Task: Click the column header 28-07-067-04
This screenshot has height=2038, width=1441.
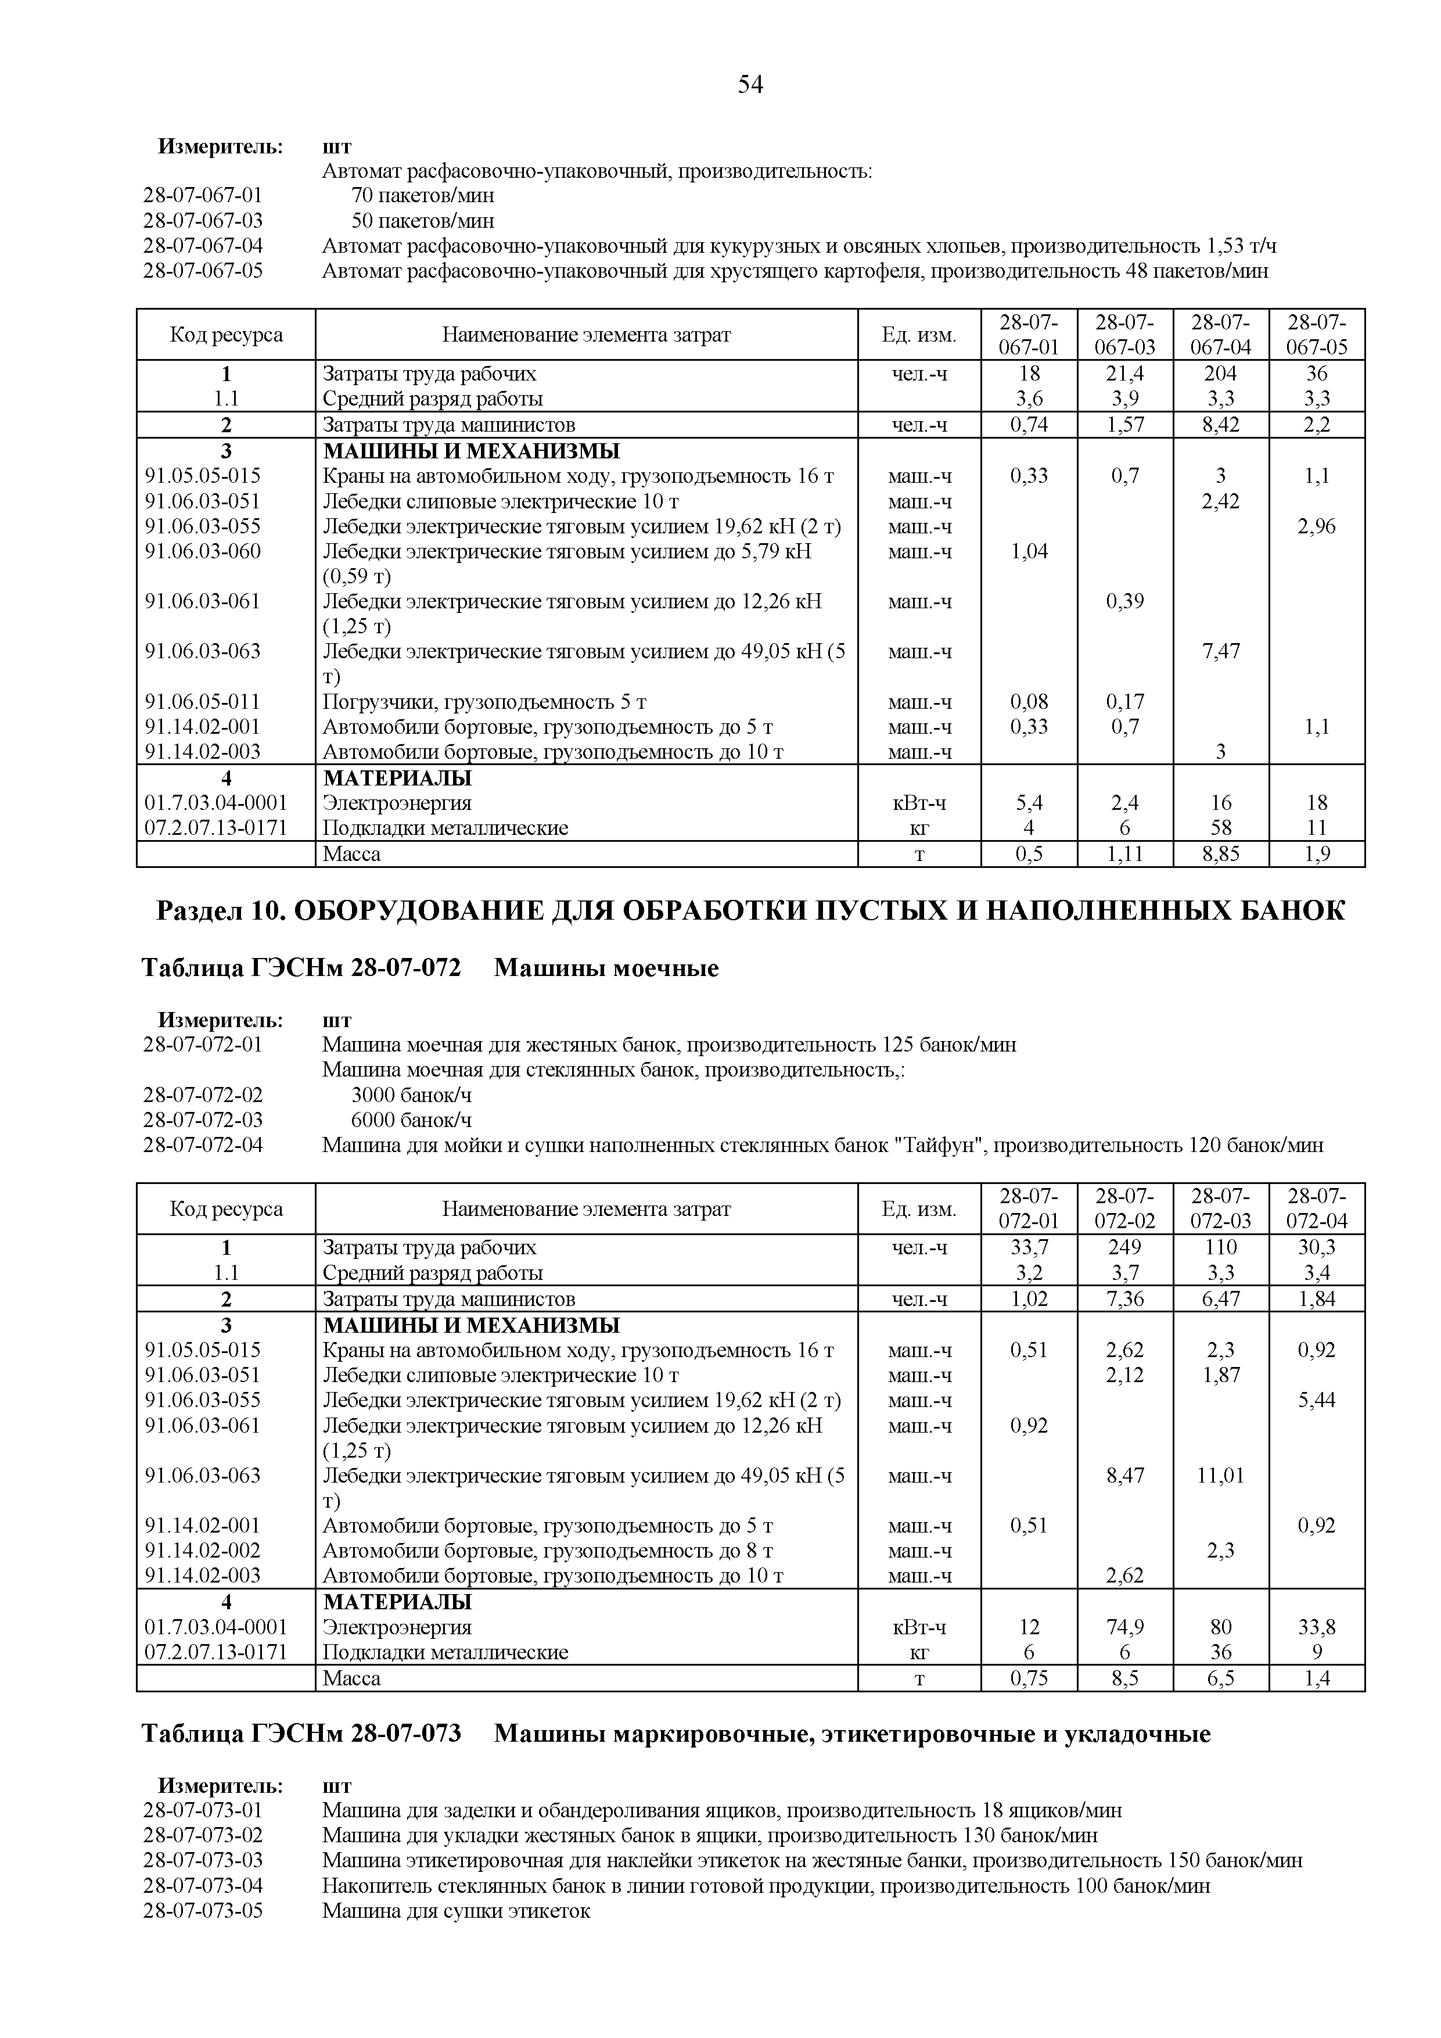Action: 1220,335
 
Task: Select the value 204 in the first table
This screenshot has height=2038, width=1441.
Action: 1220,374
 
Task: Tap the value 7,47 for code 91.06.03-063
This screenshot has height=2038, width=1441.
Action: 1220,651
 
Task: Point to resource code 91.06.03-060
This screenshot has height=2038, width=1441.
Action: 203,551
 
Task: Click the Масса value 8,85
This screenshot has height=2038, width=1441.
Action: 1220,855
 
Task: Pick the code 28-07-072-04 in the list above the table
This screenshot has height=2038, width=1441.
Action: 203,1145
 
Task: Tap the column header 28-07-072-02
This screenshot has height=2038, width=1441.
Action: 1124,1209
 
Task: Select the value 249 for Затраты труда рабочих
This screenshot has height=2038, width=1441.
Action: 1124,1247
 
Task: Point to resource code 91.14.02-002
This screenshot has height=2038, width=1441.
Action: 203,1551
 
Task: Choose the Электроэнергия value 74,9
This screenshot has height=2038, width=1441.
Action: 1124,1627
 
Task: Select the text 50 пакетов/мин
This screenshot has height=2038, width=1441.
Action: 422,220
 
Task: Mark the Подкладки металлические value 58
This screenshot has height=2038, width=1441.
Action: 1220,828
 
